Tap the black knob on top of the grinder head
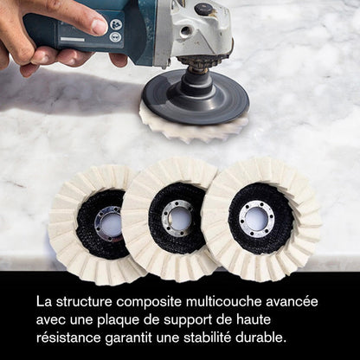pos(204,10)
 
